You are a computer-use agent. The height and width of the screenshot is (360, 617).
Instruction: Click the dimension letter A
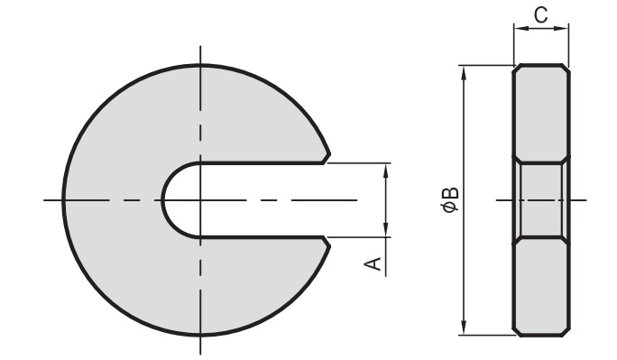[x=373, y=264]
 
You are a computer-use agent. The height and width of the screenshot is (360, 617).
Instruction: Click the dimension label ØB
[x=450, y=200]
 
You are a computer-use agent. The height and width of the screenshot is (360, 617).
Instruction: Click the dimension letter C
[x=541, y=15]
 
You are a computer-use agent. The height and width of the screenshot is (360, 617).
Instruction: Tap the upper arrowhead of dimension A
[x=386, y=170]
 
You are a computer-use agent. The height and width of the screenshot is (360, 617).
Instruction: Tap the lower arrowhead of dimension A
[x=386, y=230]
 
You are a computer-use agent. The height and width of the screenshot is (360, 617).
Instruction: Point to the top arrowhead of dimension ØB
[x=465, y=73]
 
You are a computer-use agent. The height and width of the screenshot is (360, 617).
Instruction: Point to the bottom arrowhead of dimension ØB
[x=465, y=328]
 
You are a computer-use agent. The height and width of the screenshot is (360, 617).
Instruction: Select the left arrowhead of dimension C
[x=521, y=28]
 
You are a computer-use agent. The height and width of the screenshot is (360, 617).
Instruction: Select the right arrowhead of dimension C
[x=561, y=28]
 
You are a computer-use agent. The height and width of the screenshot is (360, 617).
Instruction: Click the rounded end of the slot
[x=162, y=200]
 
